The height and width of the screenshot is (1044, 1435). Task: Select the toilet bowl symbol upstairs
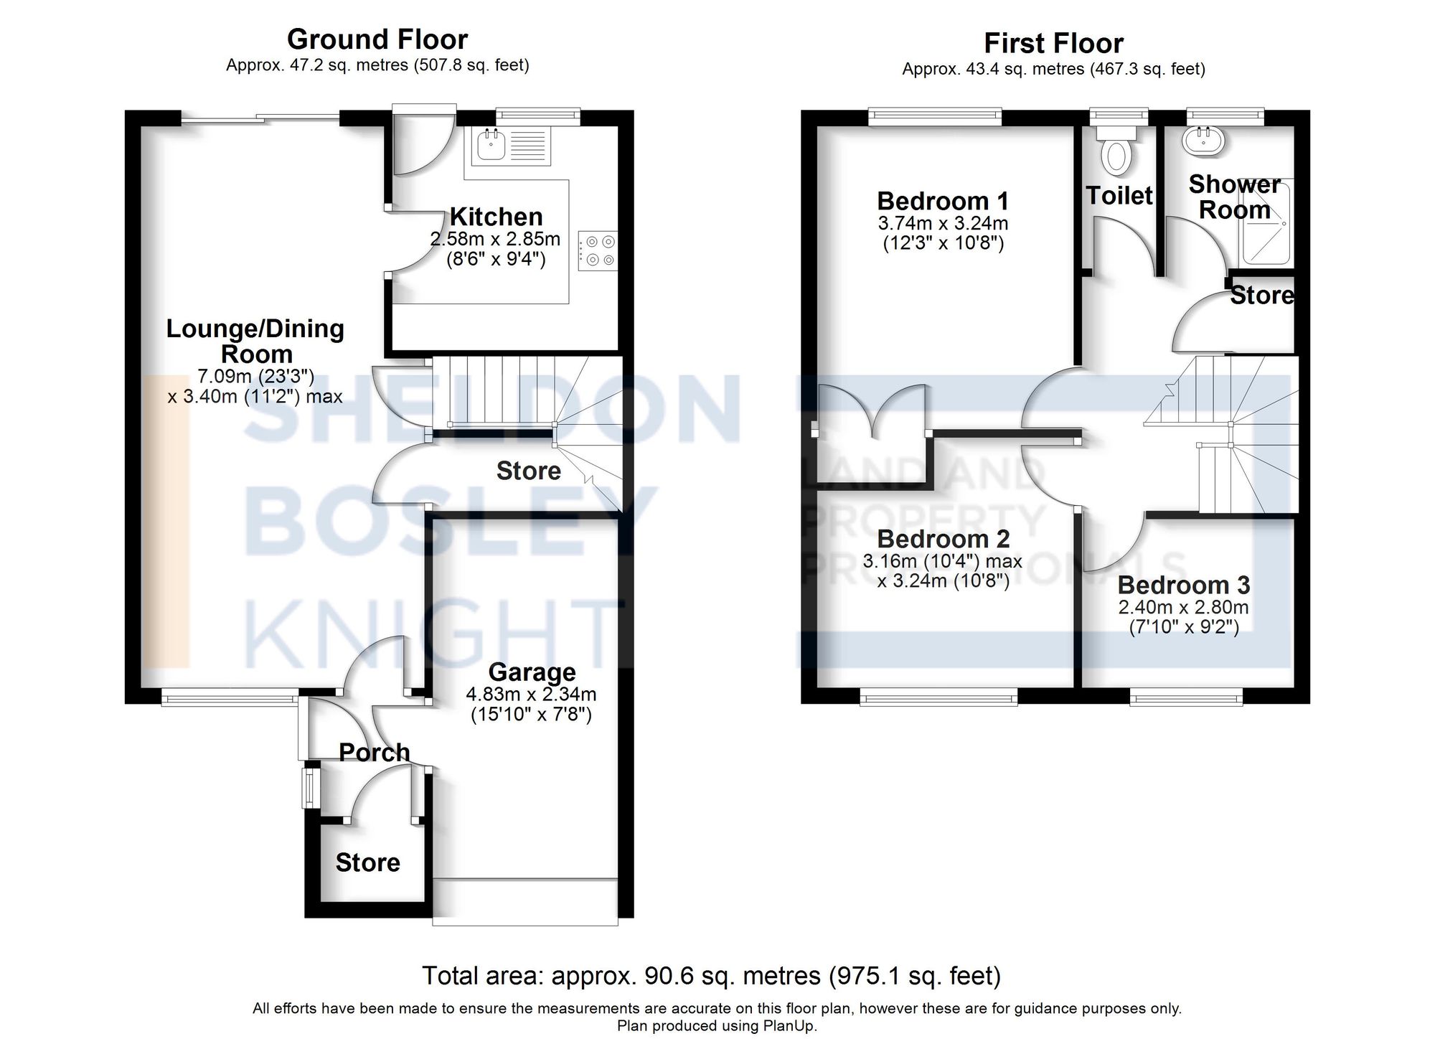click(1116, 152)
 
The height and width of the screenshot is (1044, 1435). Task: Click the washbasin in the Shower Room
click(1203, 141)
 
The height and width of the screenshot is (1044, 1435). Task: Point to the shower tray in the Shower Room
click(1269, 223)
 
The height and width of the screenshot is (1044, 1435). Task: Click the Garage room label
click(532, 672)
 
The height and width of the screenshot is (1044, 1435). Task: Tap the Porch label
click(374, 752)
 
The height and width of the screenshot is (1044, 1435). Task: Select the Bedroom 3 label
click(1183, 586)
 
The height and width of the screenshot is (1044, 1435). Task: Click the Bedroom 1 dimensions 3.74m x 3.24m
click(943, 223)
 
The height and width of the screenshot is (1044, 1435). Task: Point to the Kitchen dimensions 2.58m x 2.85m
click(495, 239)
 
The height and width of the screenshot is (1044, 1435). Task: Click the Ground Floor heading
click(377, 39)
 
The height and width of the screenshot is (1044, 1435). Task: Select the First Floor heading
click(1053, 44)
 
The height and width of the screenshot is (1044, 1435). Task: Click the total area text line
click(711, 976)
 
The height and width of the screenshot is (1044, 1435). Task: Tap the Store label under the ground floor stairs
click(528, 471)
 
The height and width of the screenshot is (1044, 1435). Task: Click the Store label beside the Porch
click(367, 862)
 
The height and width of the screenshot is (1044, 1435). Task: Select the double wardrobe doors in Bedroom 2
click(872, 412)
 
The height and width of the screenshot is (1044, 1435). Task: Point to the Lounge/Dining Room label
click(255, 341)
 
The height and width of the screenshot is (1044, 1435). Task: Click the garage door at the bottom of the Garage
click(525, 901)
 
